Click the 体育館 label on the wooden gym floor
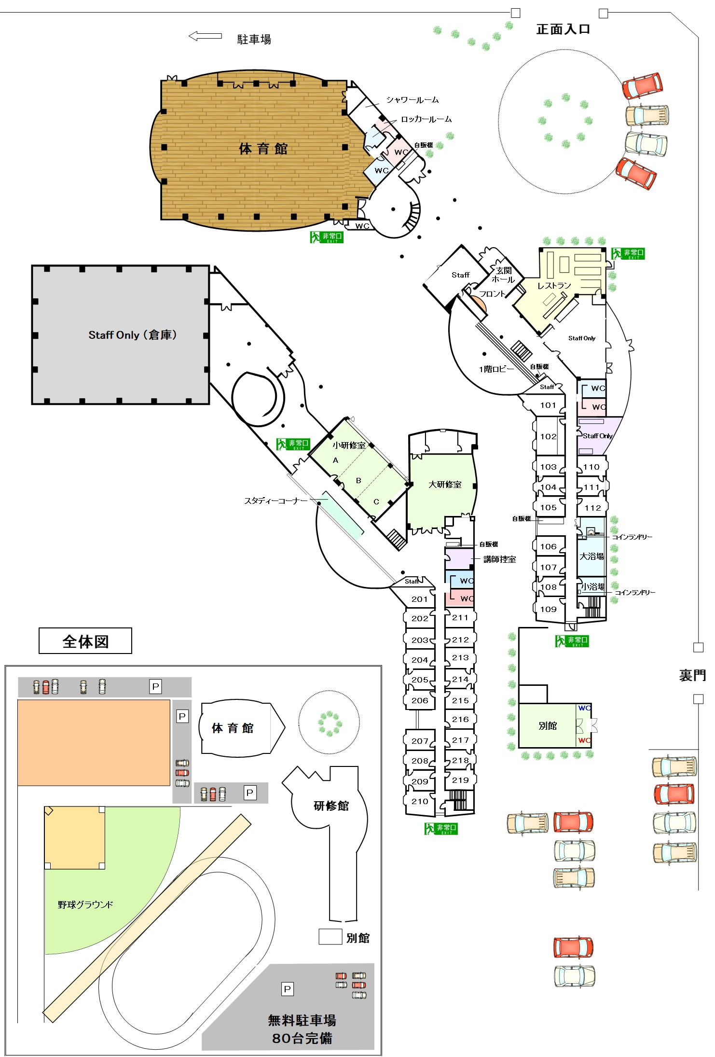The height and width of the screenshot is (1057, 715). (263, 149)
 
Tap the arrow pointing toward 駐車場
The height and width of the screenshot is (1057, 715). (205, 36)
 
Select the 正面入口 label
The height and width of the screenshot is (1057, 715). (563, 29)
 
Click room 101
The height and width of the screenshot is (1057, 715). (548, 405)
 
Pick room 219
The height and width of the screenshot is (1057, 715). (460, 780)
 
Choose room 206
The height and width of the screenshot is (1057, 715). (420, 700)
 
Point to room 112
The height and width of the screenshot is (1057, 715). (592, 508)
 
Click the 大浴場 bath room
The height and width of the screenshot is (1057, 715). (591, 556)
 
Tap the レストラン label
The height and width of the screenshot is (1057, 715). (554, 286)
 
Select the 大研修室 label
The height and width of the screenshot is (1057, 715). (445, 485)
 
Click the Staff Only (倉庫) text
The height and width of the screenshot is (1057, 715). (133, 335)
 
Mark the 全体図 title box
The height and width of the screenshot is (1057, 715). (85, 641)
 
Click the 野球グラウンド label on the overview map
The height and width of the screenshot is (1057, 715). (85, 905)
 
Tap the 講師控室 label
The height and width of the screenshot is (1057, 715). (499, 559)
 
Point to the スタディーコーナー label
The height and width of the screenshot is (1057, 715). (275, 501)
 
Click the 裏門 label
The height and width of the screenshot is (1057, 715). (692, 675)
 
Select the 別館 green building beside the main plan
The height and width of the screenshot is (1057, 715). (548, 726)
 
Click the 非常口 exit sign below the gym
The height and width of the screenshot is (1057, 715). (327, 237)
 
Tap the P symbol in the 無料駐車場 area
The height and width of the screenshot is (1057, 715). (287, 989)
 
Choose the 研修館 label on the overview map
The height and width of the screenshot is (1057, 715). (331, 806)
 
